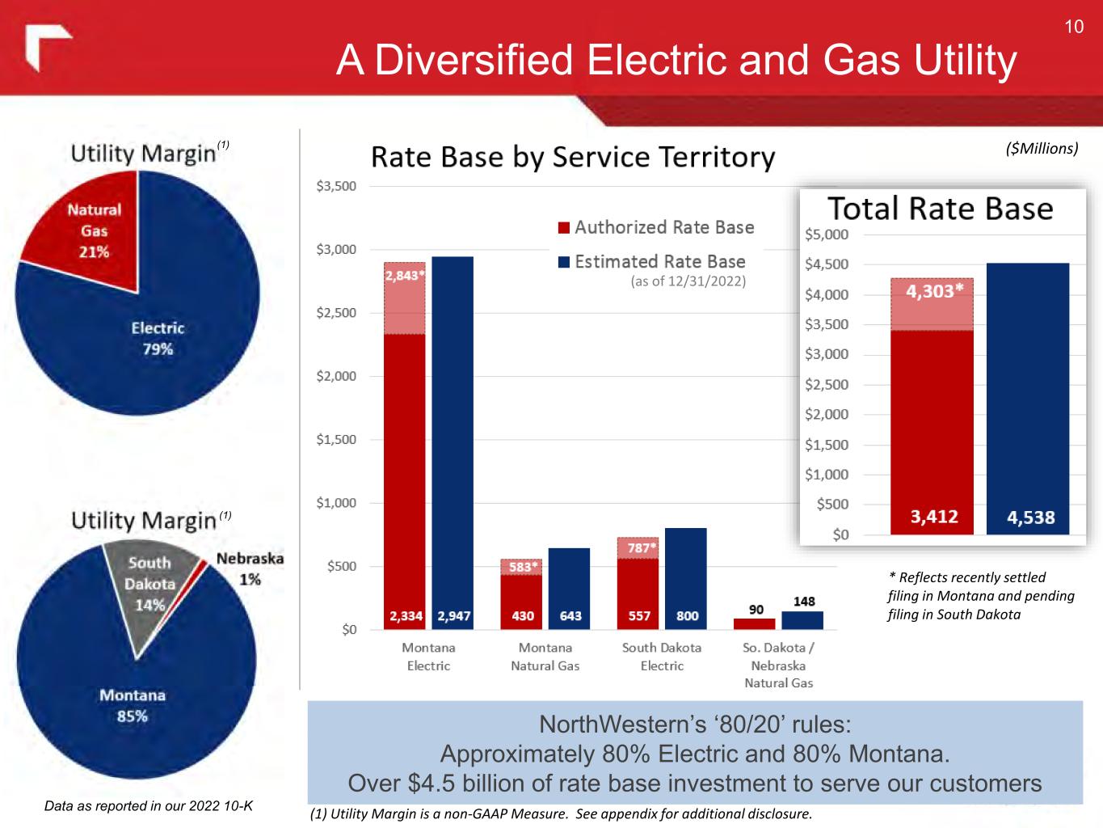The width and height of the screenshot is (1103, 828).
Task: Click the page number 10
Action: click(1073, 27)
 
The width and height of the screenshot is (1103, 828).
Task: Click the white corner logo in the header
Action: click(48, 47)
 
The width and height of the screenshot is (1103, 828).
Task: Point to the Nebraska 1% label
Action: click(250, 568)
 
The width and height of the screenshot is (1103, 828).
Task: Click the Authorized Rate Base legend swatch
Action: click(563, 228)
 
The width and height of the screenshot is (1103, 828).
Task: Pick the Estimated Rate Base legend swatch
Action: click(563, 262)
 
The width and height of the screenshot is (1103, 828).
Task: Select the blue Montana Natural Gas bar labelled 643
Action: click(569, 587)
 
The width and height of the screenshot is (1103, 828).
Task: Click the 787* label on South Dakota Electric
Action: click(642, 547)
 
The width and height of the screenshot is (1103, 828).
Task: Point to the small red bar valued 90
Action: click(754, 623)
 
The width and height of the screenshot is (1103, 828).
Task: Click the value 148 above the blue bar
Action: click(803, 602)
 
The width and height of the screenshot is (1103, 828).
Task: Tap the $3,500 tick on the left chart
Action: click(336, 186)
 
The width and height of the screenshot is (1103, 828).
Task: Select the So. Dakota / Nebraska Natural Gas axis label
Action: click(777, 665)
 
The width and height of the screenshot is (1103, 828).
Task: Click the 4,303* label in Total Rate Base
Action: click(934, 292)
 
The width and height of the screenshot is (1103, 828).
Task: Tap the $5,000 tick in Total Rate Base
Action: click(827, 234)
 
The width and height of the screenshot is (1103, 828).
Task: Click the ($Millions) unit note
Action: click(1042, 149)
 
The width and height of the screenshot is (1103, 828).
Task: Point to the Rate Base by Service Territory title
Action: click(572, 157)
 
